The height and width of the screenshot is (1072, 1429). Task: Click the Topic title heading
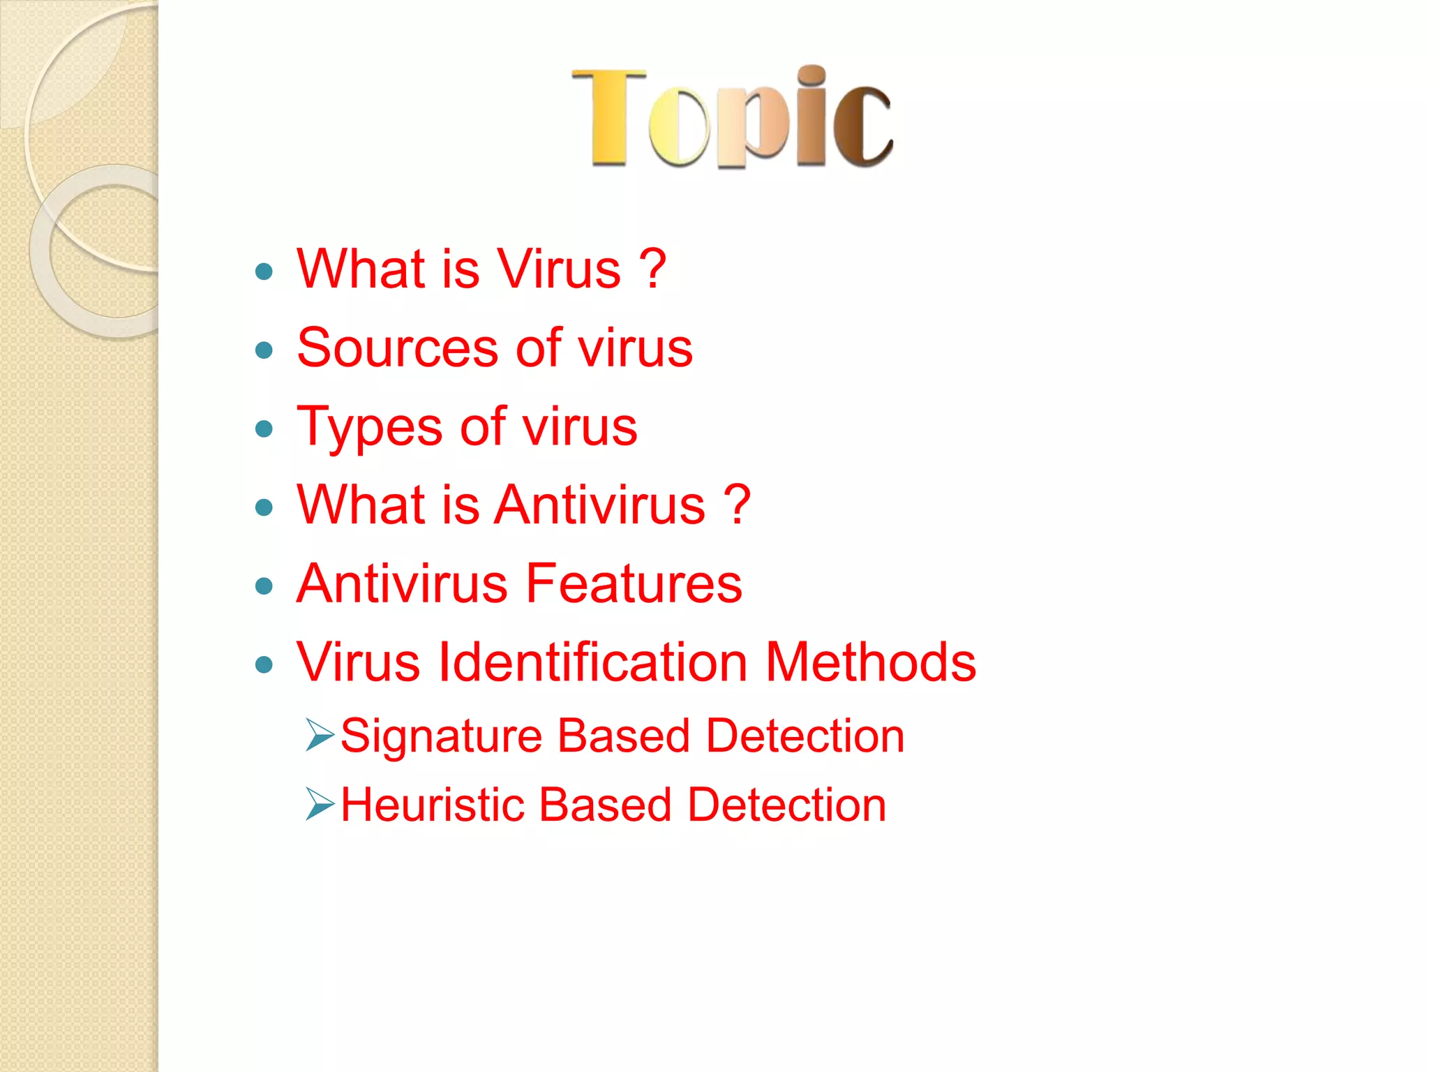[x=732, y=118]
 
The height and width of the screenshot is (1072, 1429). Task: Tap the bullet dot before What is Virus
[x=264, y=271]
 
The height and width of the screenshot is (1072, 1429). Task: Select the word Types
[x=369, y=427]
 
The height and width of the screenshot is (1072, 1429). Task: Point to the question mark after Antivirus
[x=737, y=505]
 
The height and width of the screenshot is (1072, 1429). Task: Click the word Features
[x=634, y=583]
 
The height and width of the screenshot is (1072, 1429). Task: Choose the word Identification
[x=592, y=662]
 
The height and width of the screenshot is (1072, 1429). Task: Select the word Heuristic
[x=432, y=805]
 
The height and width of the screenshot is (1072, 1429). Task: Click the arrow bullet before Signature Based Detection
[x=320, y=735]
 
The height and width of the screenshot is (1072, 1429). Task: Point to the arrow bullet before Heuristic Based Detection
[x=320, y=803]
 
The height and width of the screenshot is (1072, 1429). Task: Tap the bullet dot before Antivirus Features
[x=264, y=586]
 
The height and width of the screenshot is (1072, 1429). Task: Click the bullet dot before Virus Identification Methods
[x=264, y=664]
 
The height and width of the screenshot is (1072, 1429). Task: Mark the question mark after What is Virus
[x=652, y=269]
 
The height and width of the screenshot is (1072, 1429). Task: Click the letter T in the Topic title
[x=608, y=118]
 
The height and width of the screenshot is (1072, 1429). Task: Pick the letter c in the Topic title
[x=862, y=126]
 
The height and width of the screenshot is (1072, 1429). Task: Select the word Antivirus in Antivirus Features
[x=402, y=583]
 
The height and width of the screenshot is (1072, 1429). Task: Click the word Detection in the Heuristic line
[x=786, y=805]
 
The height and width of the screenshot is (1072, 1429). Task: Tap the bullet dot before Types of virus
[x=264, y=429]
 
